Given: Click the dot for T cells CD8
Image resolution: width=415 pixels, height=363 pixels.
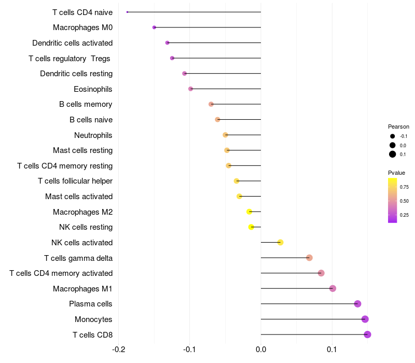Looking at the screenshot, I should click(x=367, y=334).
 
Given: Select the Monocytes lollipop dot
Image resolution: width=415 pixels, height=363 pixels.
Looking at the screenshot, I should click(x=365, y=319).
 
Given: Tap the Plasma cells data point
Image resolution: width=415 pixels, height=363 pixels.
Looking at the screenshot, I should click(x=357, y=304).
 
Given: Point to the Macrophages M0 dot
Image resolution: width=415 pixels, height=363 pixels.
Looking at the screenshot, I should click(x=154, y=27).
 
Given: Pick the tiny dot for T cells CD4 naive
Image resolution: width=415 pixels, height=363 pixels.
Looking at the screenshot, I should click(x=127, y=12).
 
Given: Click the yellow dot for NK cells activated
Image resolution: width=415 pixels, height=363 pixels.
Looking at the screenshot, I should click(x=280, y=242).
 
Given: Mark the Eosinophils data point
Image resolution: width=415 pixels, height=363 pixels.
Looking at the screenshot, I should click(x=190, y=89).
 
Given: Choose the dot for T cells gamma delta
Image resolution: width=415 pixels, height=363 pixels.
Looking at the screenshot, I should click(x=309, y=258).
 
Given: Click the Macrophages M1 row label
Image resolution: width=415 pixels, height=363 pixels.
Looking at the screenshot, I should click(x=82, y=288).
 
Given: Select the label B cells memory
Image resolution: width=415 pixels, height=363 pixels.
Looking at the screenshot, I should click(x=86, y=104).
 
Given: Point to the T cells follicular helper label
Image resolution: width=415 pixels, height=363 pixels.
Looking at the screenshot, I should click(x=75, y=181).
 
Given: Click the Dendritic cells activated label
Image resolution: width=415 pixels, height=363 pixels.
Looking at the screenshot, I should click(x=72, y=43).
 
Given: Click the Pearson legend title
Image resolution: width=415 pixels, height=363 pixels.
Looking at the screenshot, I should click(x=398, y=127).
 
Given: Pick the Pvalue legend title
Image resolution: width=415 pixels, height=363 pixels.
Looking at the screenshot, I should click(x=396, y=173).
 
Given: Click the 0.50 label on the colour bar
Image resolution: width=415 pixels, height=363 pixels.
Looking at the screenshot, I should click(x=404, y=201).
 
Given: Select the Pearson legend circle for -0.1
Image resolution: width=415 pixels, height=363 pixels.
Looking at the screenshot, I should click(x=392, y=136).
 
